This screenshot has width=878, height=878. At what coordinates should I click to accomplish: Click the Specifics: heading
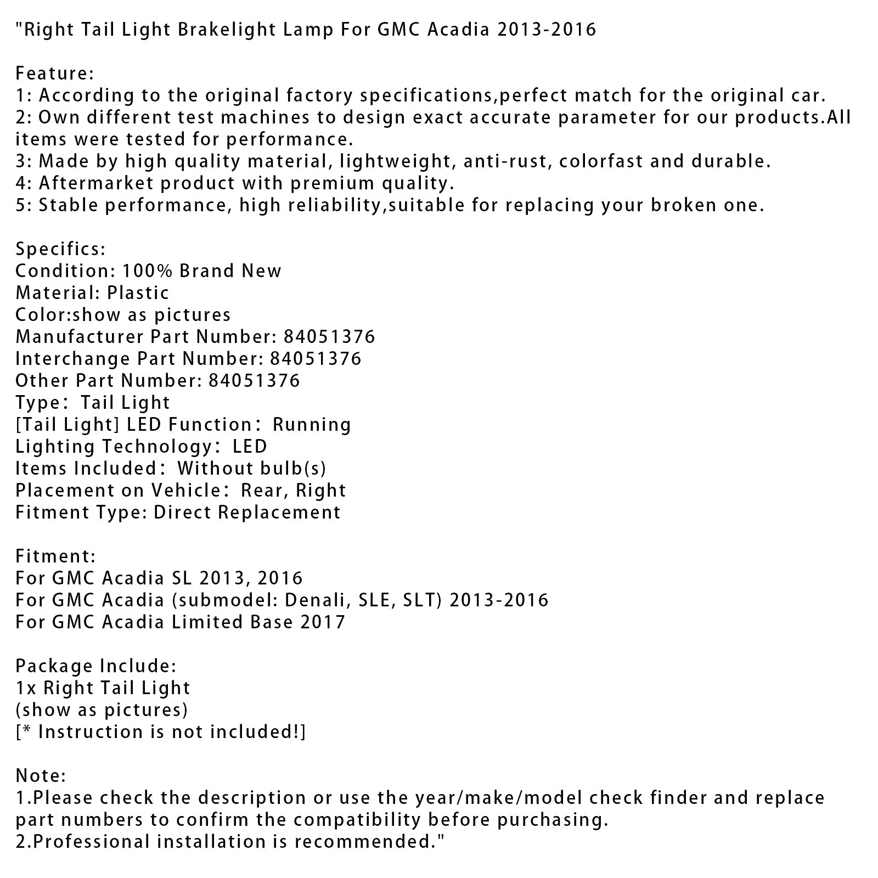60,249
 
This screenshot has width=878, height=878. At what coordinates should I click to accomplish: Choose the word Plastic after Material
138,293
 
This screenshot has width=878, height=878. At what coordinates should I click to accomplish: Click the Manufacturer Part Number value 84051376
329,337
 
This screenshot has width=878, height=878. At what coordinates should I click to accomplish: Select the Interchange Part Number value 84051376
316,359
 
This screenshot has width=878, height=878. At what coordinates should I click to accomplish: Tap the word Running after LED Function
312,425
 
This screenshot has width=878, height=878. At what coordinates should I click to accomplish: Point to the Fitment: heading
55,556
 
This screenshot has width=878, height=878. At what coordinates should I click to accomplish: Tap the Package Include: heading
95,666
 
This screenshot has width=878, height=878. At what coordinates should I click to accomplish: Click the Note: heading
41,776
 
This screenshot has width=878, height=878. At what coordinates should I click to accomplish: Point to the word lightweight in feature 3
406,161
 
